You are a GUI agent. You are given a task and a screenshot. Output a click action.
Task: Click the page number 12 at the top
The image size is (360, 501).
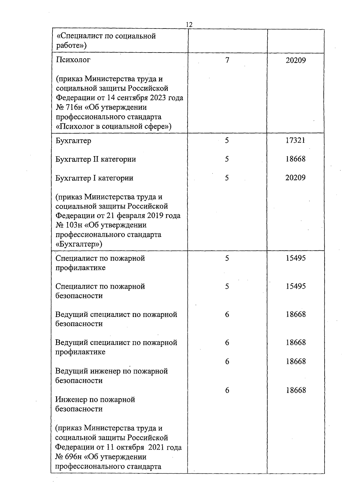(189, 25)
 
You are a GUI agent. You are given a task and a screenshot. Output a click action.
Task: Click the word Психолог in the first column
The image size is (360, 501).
(73, 60)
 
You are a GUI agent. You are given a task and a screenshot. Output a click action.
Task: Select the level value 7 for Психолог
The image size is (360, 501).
(227, 60)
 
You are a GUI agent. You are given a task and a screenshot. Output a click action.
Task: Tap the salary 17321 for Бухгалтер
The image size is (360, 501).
(295, 140)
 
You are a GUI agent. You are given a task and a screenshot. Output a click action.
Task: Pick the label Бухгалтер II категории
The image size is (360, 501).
(95, 159)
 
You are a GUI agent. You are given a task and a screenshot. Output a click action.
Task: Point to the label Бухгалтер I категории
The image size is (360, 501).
(94, 178)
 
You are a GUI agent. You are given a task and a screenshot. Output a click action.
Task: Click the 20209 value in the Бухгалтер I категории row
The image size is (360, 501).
(295, 178)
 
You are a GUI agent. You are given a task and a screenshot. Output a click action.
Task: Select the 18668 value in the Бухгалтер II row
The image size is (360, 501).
(295, 159)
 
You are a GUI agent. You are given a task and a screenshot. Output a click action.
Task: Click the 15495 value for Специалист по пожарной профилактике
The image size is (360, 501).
(295, 258)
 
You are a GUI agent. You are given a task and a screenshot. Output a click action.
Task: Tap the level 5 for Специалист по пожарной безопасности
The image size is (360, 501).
(227, 286)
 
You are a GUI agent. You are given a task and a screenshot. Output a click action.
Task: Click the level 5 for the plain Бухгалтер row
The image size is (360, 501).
(227, 140)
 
